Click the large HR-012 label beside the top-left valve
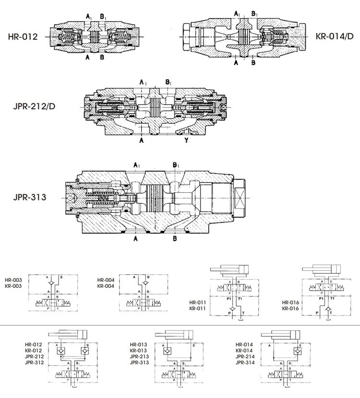(23, 36)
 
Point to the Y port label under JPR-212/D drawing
(186, 141)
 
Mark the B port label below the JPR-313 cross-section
(175, 238)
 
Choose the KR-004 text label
(106, 286)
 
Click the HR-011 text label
(198, 303)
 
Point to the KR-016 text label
(291, 308)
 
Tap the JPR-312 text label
(34, 363)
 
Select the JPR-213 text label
(139, 357)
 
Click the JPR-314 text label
(244, 363)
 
